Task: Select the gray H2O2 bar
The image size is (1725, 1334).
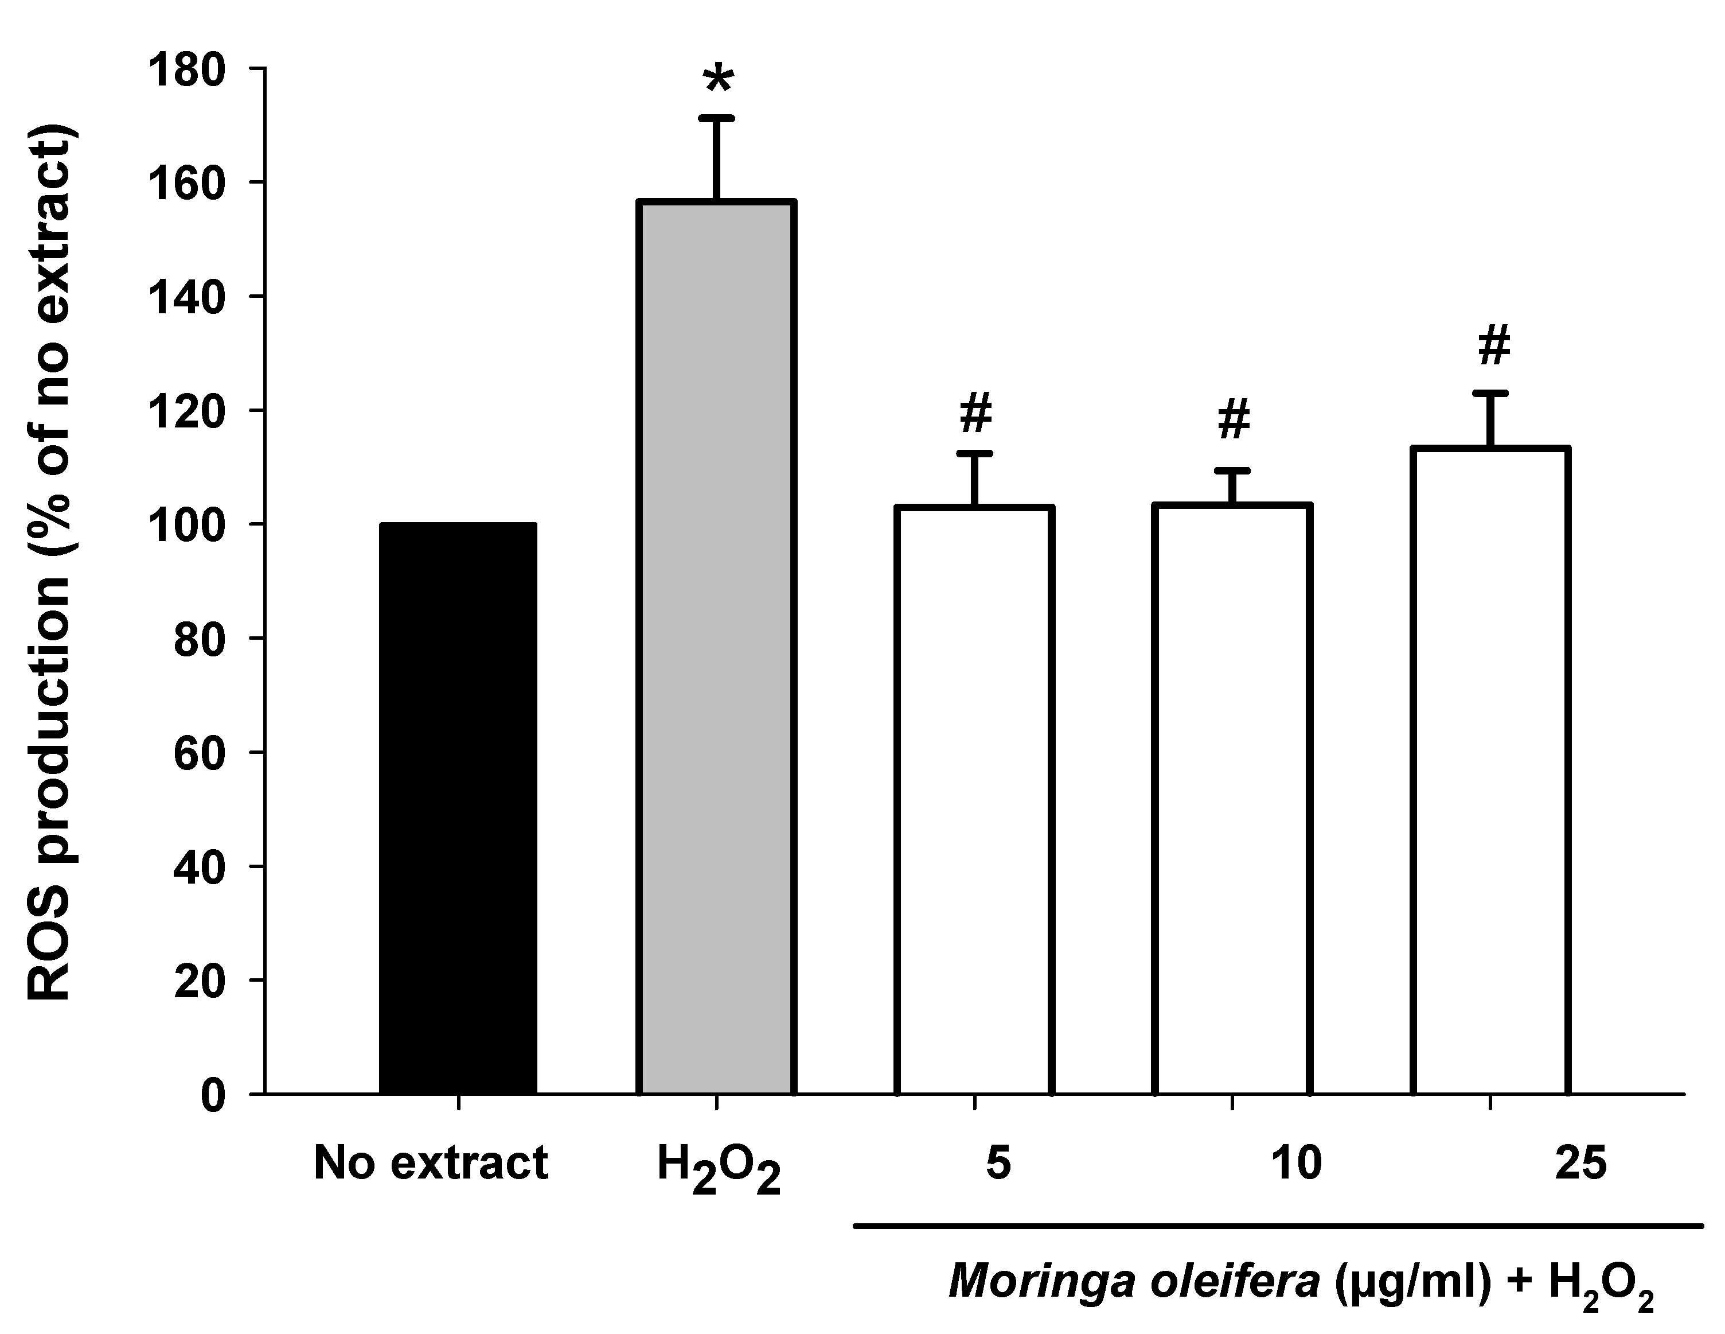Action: tap(716, 648)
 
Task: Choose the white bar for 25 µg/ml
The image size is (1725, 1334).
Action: tap(1490, 771)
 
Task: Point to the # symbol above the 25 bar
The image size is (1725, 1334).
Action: tap(1493, 345)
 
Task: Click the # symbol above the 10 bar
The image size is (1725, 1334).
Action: tap(1234, 419)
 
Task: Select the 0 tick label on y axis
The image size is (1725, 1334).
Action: tap(212, 1096)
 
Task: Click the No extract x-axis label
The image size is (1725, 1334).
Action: tap(431, 1163)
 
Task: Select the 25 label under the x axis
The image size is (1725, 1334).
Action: tap(1580, 1163)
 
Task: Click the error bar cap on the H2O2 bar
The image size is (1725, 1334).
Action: tap(716, 119)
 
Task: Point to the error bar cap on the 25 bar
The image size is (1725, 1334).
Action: tap(1490, 393)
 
